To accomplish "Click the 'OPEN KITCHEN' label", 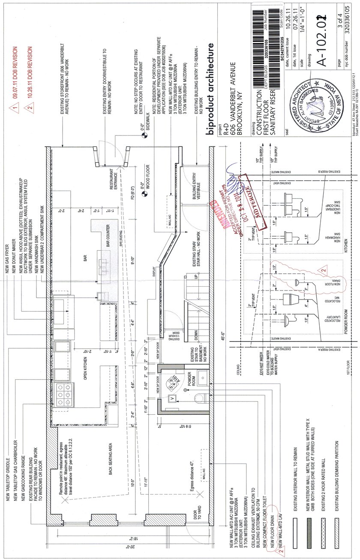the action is tap(86, 356).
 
